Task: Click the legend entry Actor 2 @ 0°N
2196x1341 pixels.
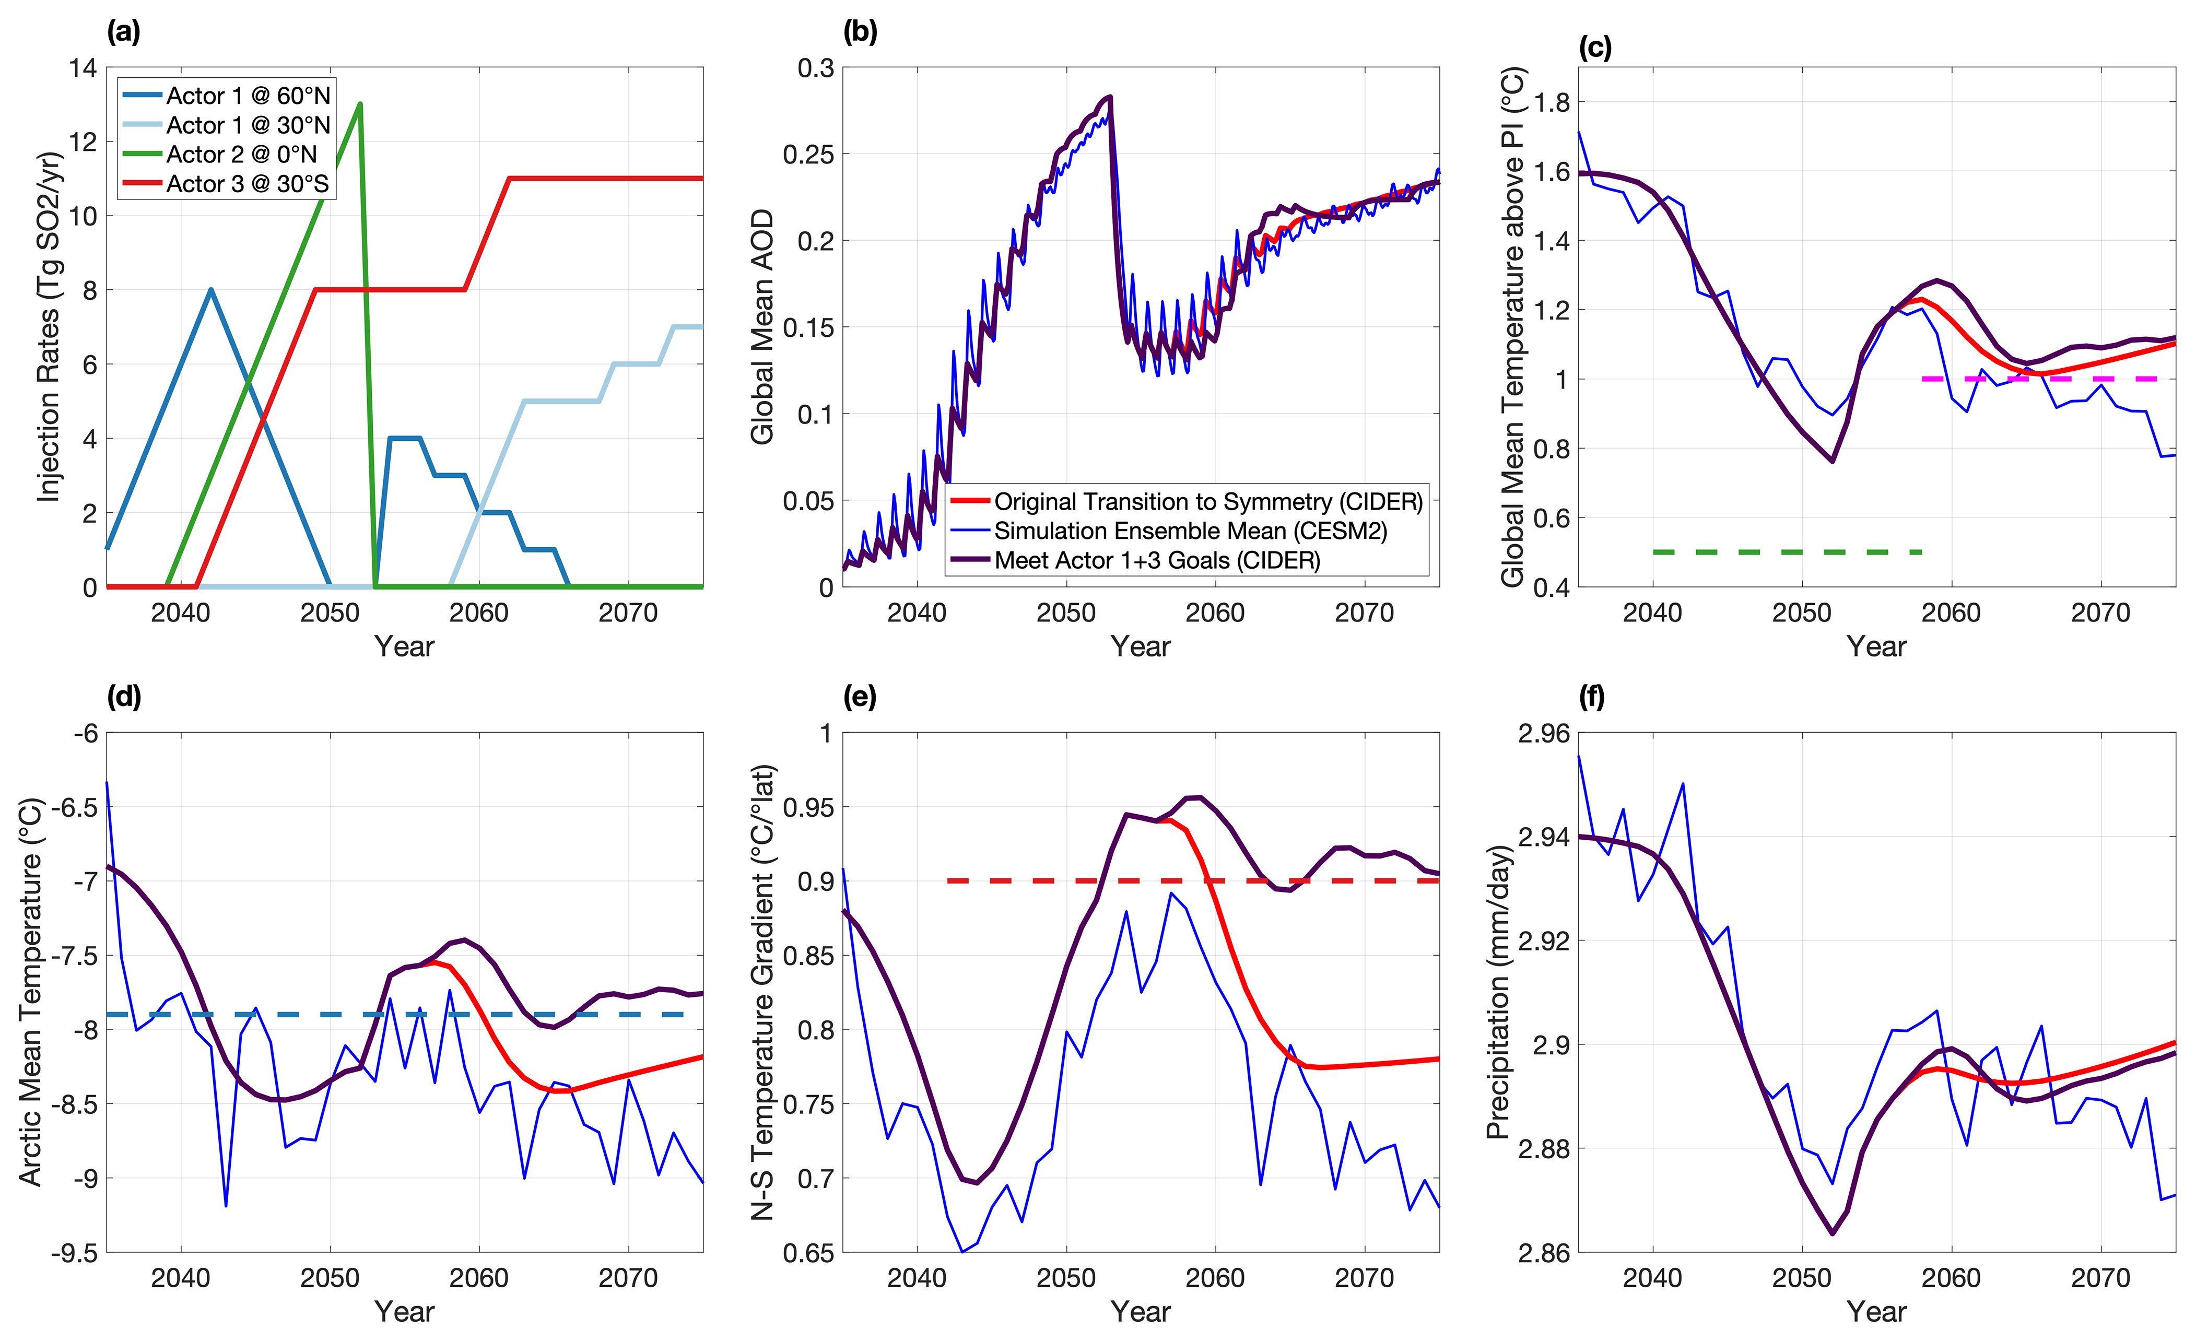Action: (241, 154)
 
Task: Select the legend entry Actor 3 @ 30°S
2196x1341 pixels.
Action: (247, 184)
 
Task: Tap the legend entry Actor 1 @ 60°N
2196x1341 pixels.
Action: (248, 96)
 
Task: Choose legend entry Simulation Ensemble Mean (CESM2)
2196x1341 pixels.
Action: (1190, 531)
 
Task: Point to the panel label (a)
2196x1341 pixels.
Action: (123, 32)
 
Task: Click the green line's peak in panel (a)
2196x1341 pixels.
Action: (360, 104)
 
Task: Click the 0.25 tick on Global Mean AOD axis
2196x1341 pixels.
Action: (808, 154)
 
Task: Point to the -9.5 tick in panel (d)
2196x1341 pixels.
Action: (74, 1253)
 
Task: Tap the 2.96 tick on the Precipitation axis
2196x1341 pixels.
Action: (1543, 733)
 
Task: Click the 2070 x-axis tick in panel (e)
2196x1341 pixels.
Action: (1365, 1278)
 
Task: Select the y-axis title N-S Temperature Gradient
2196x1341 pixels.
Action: (763, 992)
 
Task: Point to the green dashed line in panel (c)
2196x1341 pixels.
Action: (1787, 552)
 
